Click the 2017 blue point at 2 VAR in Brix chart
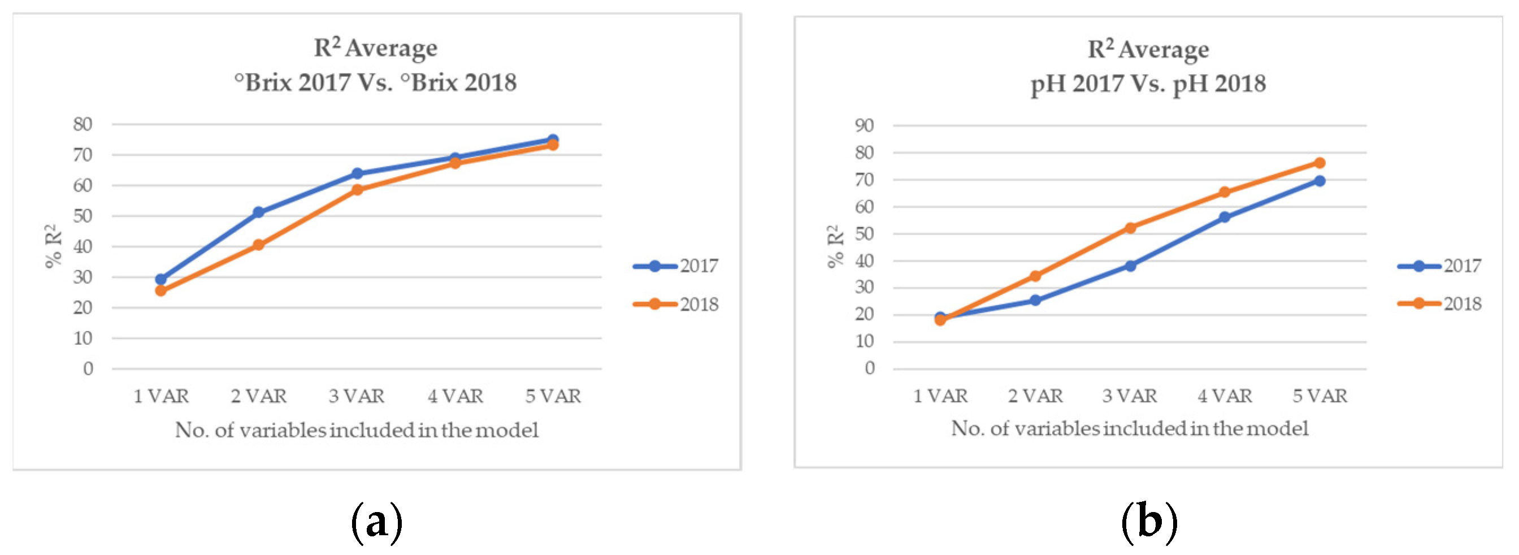(258, 213)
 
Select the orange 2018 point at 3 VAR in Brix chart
(357, 190)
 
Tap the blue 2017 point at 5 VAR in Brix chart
(553, 140)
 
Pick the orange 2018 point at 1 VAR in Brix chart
(160, 290)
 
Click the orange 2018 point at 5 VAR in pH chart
(1319, 163)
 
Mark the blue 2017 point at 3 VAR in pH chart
(1130, 266)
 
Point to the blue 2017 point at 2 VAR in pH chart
(1035, 300)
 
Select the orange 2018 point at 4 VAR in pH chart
(1224, 192)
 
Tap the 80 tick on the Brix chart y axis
(83, 124)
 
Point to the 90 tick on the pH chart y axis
(864, 125)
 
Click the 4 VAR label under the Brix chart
(455, 396)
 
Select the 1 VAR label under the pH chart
(940, 396)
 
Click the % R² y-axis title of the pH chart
(835, 246)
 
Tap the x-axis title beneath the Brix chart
(356, 431)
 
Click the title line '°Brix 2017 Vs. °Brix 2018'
(375, 83)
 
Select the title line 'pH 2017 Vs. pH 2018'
(1148, 84)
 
